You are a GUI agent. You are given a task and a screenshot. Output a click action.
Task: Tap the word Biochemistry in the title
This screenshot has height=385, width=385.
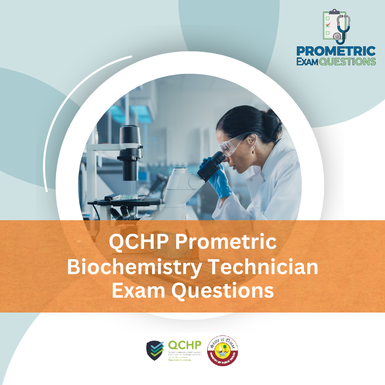pos(130,267)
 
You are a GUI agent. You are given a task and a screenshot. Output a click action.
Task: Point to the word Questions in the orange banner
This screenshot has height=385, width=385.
pos(223,291)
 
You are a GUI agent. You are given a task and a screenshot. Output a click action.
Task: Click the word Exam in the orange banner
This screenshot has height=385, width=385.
pos(138,291)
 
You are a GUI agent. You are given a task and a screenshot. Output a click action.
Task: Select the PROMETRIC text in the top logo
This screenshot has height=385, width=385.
pos(336,51)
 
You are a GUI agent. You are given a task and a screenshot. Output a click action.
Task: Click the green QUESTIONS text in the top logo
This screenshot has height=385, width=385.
pos(348,61)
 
